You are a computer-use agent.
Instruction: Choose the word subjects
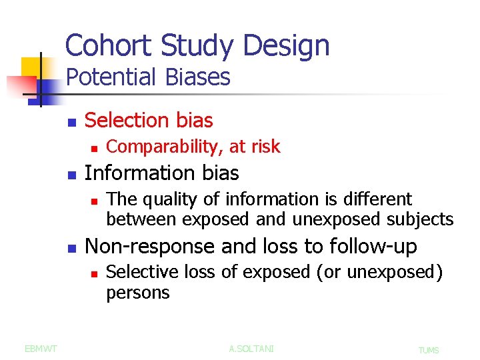tap(421, 219)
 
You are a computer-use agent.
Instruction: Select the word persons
tap(138, 293)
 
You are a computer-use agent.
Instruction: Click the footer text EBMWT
tap(41, 348)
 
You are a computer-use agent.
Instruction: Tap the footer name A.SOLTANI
tap(251, 348)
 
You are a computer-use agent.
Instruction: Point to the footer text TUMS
tap(428, 350)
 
